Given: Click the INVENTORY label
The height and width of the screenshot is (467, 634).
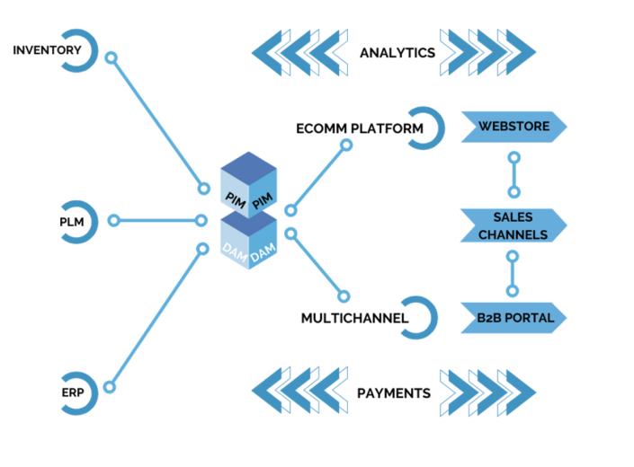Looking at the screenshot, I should (x=47, y=49).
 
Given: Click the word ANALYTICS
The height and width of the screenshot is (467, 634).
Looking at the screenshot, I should (x=397, y=53).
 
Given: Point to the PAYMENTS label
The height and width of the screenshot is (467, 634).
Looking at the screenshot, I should (x=394, y=393).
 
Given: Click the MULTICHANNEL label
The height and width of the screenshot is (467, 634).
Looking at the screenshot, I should (x=355, y=317).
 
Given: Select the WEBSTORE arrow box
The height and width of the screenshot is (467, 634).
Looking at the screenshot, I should (x=513, y=127).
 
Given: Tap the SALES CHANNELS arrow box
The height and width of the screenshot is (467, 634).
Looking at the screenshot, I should (x=513, y=226).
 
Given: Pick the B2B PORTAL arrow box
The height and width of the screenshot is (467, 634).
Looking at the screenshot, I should (x=513, y=317).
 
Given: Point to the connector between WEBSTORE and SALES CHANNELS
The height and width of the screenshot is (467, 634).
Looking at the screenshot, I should (x=513, y=174).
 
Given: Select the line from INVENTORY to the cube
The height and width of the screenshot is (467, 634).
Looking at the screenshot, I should (x=156, y=122).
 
